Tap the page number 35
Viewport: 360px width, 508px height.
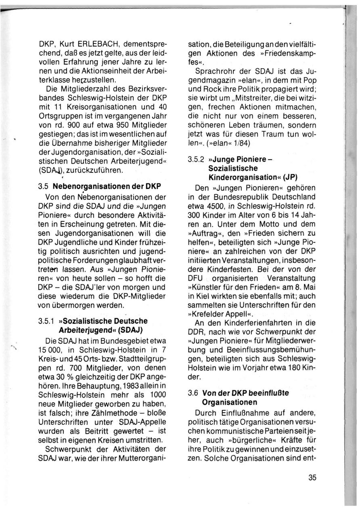312,477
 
